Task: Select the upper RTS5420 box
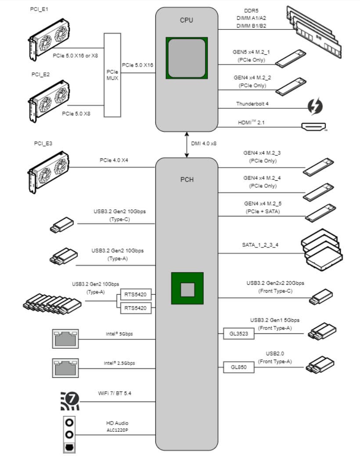135,294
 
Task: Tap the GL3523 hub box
238,333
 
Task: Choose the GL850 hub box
238,367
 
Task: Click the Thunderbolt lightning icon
315,106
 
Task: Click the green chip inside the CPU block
187,58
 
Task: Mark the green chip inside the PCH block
187,288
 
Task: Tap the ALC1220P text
117,430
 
